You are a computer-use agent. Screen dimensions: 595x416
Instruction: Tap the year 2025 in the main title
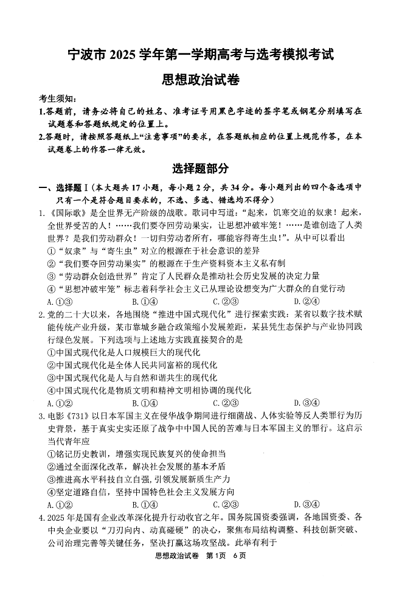[126, 54]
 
